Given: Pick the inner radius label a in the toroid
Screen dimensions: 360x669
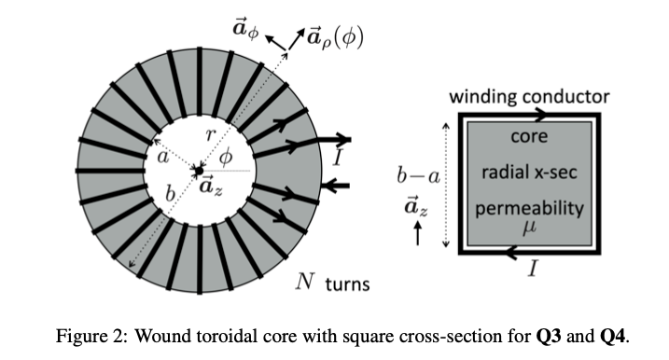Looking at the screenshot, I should [x=164, y=159].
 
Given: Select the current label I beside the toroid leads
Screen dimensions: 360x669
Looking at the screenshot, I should [x=338, y=160].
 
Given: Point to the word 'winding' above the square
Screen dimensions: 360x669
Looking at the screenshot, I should [x=487, y=96].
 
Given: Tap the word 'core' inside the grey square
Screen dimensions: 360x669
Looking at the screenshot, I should [x=527, y=137].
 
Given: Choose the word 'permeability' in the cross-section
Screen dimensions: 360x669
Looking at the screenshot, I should [x=528, y=207].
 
